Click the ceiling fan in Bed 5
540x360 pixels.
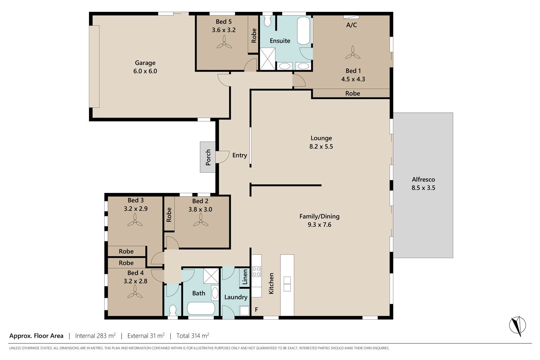(224, 42)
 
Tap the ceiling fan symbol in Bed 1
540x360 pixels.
(353, 53)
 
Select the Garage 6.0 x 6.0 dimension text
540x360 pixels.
(145, 71)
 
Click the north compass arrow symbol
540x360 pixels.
(517, 326)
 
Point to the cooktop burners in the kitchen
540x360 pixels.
(256, 271)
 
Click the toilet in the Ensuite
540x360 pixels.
(267, 21)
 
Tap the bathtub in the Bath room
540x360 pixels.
(201, 309)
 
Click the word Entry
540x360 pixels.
(240, 155)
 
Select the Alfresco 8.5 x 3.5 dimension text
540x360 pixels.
(423, 188)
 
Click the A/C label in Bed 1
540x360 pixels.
(351, 25)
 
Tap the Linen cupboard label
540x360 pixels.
(245, 277)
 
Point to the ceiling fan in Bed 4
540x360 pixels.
(135, 292)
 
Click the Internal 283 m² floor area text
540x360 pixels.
(95, 336)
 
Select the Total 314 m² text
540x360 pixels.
(193, 336)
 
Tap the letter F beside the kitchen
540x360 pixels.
(256, 309)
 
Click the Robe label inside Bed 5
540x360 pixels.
(253, 36)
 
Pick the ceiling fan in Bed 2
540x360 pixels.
(201, 220)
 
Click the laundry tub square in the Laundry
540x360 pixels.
(244, 311)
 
